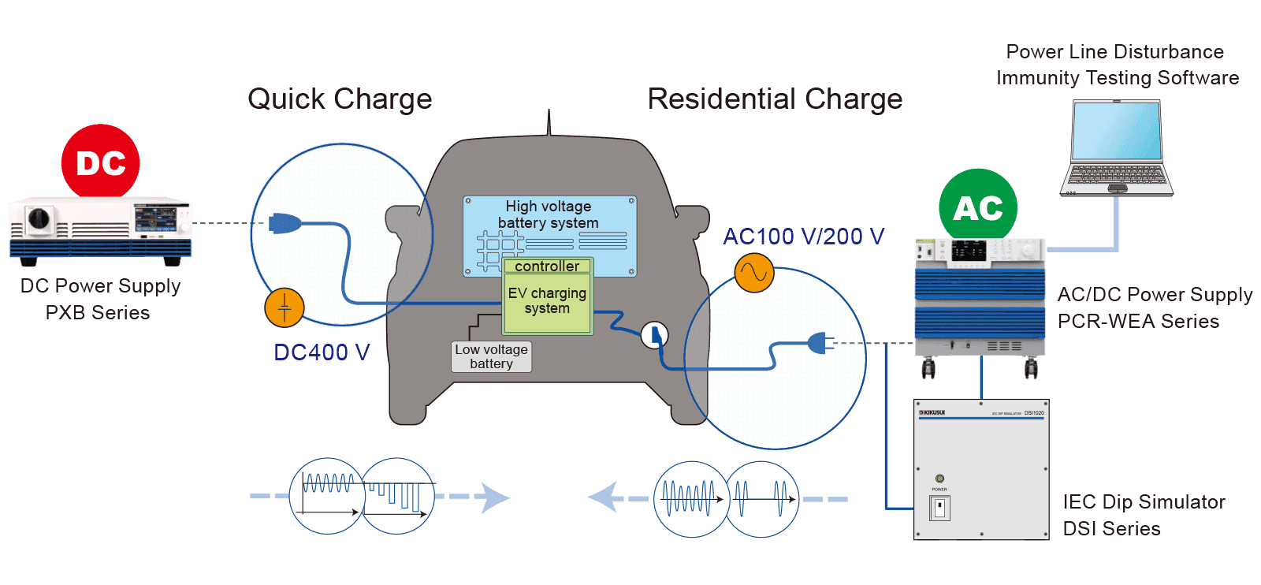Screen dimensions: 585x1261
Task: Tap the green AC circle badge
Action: pyautogui.click(x=978, y=207)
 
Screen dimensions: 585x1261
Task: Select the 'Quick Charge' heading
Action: pyautogui.click(x=340, y=99)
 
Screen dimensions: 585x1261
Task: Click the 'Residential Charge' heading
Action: pyautogui.click(x=775, y=99)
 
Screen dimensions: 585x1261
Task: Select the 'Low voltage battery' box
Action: pyautogui.click(x=491, y=356)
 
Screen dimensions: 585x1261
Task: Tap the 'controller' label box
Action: pyautogui.click(x=547, y=266)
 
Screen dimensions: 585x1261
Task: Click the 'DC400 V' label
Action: pyautogui.click(x=322, y=352)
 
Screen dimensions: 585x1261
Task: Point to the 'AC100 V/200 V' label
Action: pyautogui.click(x=803, y=237)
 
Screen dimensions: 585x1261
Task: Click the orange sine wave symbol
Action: pyautogui.click(x=754, y=273)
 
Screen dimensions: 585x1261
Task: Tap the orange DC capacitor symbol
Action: pyautogui.click(x=285, y=307)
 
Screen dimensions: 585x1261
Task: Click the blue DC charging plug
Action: pyautogui.click(x=284, y=224)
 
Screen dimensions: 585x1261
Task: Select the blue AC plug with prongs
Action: pyautogui.click(x=820, y=343)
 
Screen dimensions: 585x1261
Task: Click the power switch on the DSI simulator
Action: pyautogui.click(x=939, y=509)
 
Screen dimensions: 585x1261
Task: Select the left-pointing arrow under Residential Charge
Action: pyautogui.click(x=604, y=497)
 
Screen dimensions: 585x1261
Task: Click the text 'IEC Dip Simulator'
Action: pyautogui.click(x=1144, y=502)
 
